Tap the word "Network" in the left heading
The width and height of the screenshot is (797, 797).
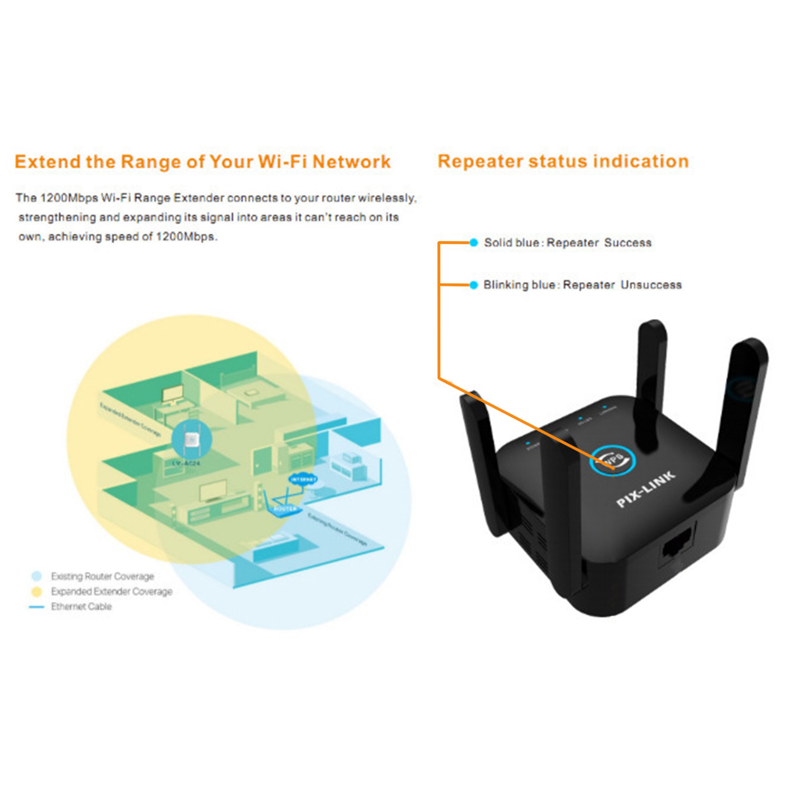coord(352,162)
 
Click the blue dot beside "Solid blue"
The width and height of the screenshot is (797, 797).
coord(474,243)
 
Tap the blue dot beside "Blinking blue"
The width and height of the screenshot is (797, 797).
coord(474,285)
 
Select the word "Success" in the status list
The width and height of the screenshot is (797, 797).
coord(628,243)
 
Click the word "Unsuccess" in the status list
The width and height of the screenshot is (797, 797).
coord(651,285)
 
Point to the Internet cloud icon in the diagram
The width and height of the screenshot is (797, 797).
coord(303,479)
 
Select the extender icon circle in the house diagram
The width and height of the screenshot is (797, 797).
coord(191,440)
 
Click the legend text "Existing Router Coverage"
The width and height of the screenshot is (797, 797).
coord(103,576)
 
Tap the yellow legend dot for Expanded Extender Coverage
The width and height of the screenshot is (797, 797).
coord(37,591)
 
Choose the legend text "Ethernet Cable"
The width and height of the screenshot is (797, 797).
coord(81,606)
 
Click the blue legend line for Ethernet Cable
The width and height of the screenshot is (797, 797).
coord(37,607)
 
